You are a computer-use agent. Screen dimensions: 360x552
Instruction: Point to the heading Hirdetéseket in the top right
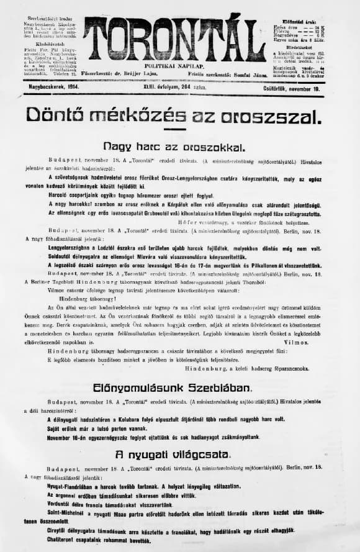coord(296,47)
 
